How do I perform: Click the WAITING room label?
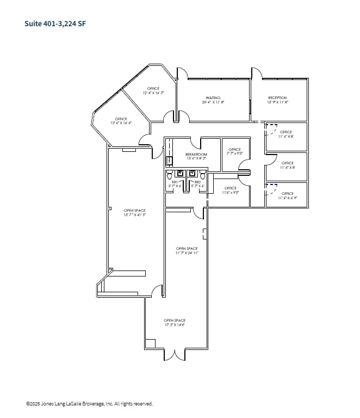coord(213,98)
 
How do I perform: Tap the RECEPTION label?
coord(277,98)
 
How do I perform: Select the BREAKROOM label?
coord(196,155)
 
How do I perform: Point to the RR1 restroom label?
coord(175,182)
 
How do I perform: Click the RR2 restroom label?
coord(197,182)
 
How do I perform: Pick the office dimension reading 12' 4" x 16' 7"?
coord(153,94)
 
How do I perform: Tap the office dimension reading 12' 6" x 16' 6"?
coord(121,123)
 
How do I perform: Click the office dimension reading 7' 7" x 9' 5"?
coord(235,153)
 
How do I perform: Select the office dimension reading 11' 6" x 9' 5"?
coord(231,193)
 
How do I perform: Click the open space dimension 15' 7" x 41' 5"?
coord(134,215)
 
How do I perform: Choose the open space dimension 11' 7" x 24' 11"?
coord(187,253)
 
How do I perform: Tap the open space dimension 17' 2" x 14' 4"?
coord(175,325)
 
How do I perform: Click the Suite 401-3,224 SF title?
coord(55,23)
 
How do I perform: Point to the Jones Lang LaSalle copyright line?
coord(90,404)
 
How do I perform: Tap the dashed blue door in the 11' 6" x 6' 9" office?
coord(270,189)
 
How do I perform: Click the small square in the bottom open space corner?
coord(150,343)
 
